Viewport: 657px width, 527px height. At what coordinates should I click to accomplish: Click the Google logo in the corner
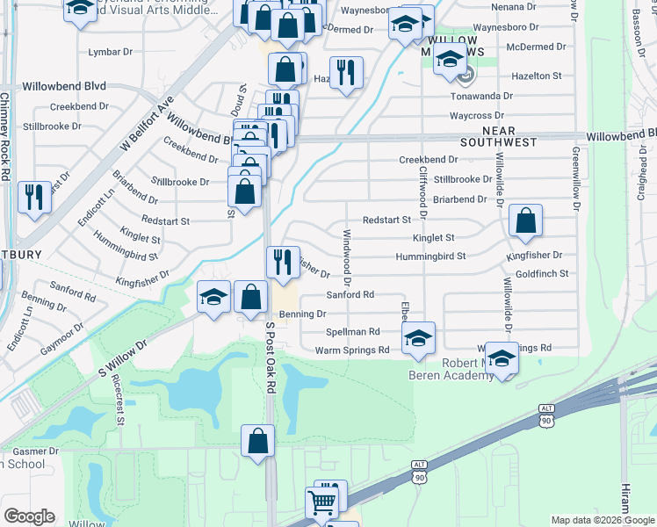tap(29, 516)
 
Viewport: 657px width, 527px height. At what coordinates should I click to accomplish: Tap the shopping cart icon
tap(321, 502)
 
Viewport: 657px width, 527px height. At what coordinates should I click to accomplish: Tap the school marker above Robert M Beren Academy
tap(501, 358)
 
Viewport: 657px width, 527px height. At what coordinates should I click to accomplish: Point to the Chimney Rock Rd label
tap(5, 136)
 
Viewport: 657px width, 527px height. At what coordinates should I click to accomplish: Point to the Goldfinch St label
tap(542, 274)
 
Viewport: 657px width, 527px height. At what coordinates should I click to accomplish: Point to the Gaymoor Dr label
tap(66, 338)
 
